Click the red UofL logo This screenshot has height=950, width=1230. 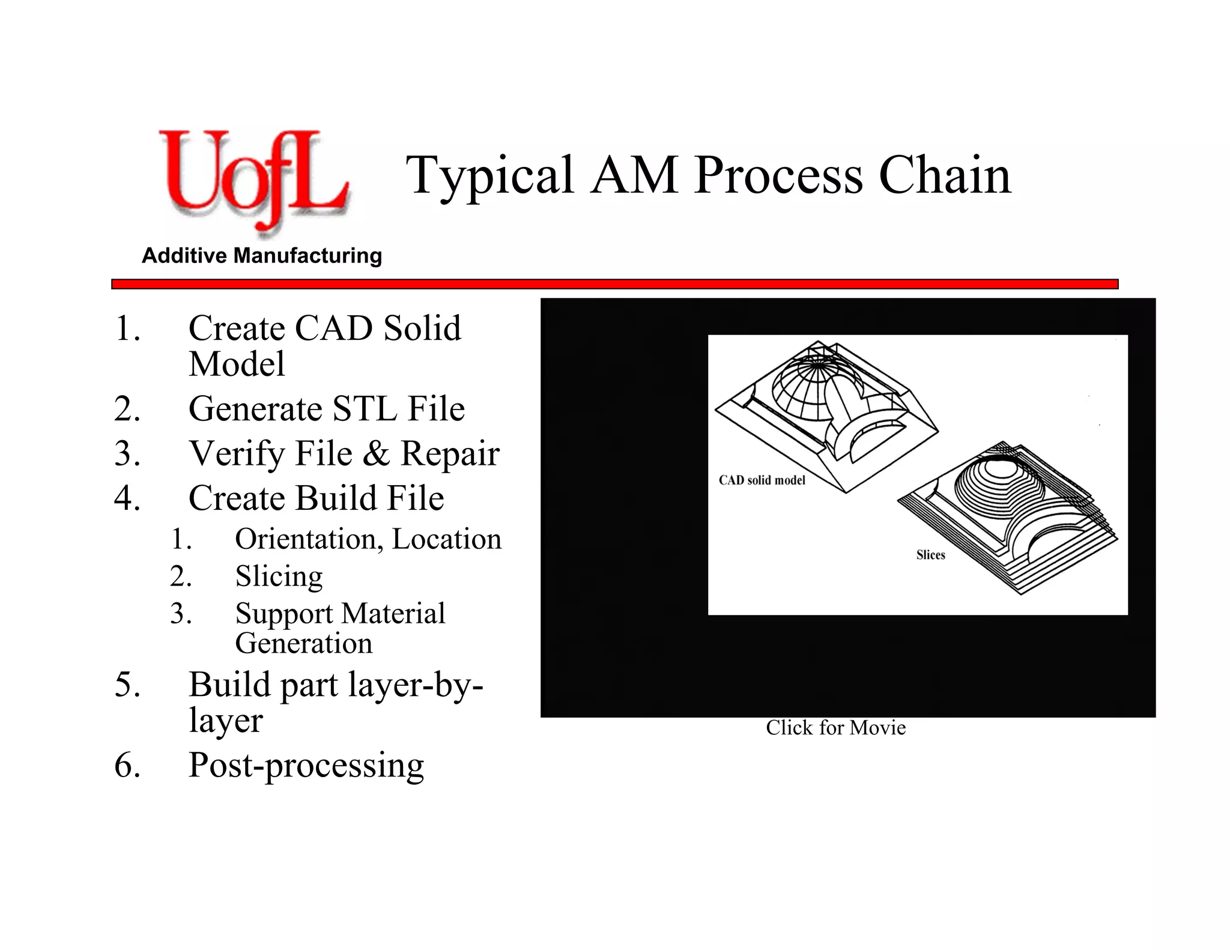tap(252, 180)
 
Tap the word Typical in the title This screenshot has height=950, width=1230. tap(489, 175)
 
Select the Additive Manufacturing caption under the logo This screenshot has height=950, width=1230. tap(262, 256)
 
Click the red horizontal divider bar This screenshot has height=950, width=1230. tap(614, 284)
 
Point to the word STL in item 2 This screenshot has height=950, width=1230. tap(365, 409)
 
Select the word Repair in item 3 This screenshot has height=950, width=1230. tap(450, 453)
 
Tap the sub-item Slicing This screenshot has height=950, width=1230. tap(279, 576)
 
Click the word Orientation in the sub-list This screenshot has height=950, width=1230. tap(309, 539)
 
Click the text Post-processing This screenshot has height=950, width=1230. tap(306, 766)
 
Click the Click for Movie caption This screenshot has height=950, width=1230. tap(835, 728)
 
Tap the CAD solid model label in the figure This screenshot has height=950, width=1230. tap(762, 480)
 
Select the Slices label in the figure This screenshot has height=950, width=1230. tap(930, 555)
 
